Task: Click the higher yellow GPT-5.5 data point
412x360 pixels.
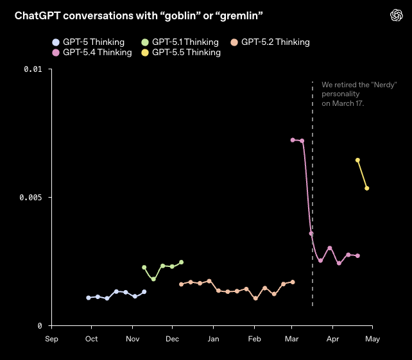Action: [357, 160]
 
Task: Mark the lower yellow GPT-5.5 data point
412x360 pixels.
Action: [367, 188]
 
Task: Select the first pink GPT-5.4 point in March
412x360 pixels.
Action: [293, 140]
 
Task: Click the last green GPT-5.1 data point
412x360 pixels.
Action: [182, 262]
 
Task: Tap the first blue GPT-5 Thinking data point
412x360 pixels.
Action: [89, 298]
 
